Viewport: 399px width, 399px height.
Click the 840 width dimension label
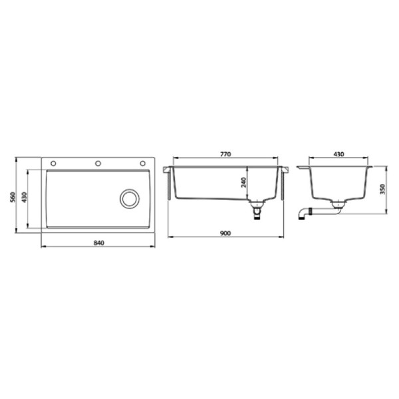click(98, 243)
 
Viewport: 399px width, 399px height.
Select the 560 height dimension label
click(13, 197)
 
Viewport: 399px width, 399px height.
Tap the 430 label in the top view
click(24, 198)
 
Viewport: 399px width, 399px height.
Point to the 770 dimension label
click(225, 154)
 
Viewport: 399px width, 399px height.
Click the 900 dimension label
click(225, 233)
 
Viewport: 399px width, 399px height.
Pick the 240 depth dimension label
click(243, 183)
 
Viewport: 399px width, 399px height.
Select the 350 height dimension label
click(382, 190)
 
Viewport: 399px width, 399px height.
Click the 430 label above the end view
click(338, 154)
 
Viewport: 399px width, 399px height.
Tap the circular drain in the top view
click(130, 199)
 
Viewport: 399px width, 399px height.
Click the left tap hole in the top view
click(53, 164)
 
